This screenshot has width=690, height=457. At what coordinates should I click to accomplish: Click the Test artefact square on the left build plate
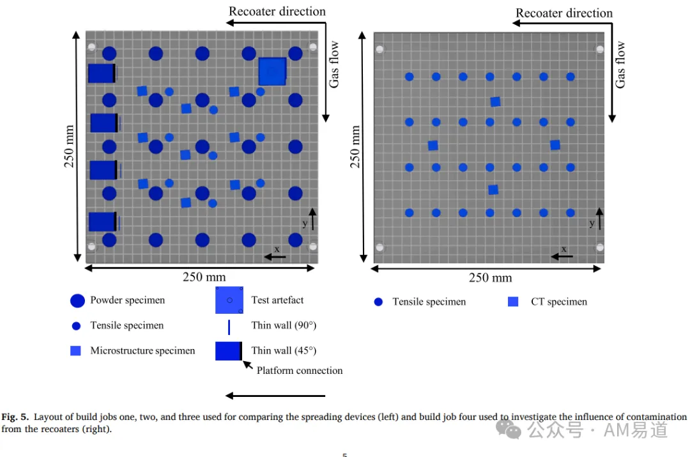coord(272,72)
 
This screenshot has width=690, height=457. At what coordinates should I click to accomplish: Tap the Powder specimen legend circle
coord(77,300)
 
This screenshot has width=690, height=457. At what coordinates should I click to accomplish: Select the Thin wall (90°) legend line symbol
coord(229,327)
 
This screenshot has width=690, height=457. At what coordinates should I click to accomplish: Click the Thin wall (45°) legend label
coord(284,350)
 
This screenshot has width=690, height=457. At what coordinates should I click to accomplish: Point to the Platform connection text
coord(300,371)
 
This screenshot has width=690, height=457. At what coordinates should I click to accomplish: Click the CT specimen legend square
coord(513,302)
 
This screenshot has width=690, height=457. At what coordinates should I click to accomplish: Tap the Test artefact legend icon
coord(229,300)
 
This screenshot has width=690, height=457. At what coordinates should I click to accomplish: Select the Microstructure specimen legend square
coord(75,350)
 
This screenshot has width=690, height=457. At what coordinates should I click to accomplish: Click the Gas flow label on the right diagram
coord(620,65)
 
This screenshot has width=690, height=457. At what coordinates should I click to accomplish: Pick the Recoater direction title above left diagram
coord(277,12)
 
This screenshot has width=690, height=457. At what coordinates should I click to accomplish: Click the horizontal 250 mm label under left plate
coord(204,277)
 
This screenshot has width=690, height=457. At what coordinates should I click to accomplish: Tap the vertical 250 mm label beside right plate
coord(355,146)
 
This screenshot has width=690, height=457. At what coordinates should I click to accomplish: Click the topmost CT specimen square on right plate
coord(496,102)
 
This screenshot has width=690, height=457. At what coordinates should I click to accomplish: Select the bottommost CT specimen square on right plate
coord(493,190)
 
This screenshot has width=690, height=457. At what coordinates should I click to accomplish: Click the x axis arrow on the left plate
coord(275,257)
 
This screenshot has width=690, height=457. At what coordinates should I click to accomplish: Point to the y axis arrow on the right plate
coord(599,219)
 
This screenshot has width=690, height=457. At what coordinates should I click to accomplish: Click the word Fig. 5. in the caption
coord(15,417)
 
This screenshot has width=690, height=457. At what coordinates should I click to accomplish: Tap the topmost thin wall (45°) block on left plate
coord(102,73)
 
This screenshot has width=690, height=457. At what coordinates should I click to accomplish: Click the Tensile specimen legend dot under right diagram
coord(378,302)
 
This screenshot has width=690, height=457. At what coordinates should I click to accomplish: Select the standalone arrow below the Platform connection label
coord(275,396)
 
